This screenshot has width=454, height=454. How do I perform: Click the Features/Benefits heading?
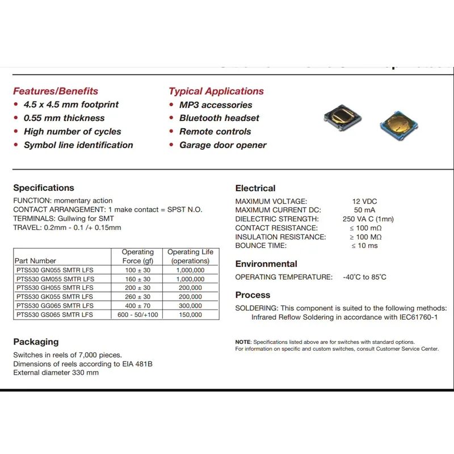56,91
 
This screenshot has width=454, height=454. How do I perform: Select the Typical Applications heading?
216,91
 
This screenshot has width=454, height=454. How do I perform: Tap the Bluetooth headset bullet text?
219,118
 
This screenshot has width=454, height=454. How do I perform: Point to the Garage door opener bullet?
222,145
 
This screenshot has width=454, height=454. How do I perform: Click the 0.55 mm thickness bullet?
64,118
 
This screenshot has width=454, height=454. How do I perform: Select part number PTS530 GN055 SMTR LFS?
54,270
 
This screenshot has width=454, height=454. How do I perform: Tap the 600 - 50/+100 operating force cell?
138,314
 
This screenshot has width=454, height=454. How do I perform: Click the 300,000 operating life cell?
190,305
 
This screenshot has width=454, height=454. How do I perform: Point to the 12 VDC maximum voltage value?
364,201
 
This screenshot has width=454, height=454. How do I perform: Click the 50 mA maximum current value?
365,211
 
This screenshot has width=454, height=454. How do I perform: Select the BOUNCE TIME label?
261,246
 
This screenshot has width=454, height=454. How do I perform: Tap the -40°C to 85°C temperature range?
364,277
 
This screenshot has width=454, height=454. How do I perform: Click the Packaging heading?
36,342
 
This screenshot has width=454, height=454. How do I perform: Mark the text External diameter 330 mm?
56,373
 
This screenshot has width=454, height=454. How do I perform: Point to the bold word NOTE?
242,342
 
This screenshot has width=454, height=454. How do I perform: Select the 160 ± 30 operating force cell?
138,279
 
